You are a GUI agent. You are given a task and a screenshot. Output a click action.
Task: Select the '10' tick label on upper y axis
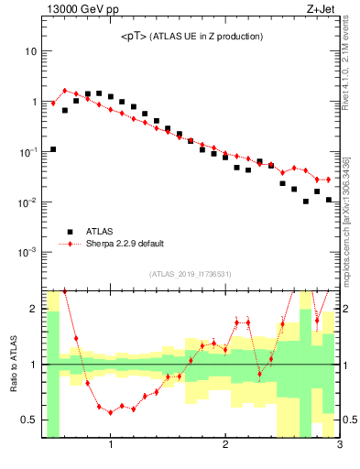tap(30, 52)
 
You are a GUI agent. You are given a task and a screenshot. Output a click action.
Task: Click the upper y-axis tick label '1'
tap(33, 102)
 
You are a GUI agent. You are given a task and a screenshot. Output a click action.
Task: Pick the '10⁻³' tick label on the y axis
tap(28, 251)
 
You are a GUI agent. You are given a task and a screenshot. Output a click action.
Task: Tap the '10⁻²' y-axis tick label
tap(28, 202)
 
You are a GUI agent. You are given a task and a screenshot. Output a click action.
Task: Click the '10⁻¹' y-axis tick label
tap(28, 152)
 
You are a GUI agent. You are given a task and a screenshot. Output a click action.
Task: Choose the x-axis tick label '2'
tap(225, 446)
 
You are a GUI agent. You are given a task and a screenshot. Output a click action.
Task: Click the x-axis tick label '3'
tap(339, 446)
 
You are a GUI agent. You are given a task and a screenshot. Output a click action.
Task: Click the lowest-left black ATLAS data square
tap(53, 149)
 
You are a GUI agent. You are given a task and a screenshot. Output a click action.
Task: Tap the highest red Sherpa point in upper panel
tap(65, 91)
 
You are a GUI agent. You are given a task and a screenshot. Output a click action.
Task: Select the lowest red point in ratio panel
tap(111, 412)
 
